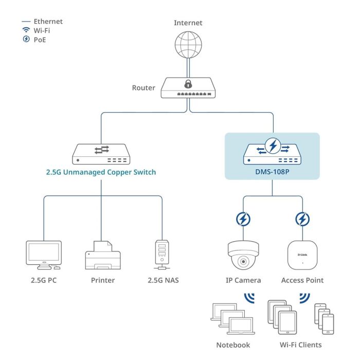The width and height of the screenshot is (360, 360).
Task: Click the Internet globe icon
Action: coord(188,45)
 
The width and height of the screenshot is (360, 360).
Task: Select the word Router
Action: coord(143,88)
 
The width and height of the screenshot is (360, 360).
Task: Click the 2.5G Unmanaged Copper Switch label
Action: coord(101,172)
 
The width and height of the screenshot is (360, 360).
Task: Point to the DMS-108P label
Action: coord(273,172)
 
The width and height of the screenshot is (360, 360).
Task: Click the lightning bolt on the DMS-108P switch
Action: coord(273,147)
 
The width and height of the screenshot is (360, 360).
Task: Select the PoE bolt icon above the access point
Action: coord(302,220)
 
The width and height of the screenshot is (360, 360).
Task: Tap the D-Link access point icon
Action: coord(302,255)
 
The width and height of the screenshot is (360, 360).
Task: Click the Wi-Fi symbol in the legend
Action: coord(26,30)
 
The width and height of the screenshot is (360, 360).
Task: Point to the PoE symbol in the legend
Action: coord(26,40)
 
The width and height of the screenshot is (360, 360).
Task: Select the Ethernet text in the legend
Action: coord(48,22)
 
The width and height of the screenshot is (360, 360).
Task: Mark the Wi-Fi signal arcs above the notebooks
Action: coord(249,299)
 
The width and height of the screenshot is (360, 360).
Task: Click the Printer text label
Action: coord(102,280)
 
